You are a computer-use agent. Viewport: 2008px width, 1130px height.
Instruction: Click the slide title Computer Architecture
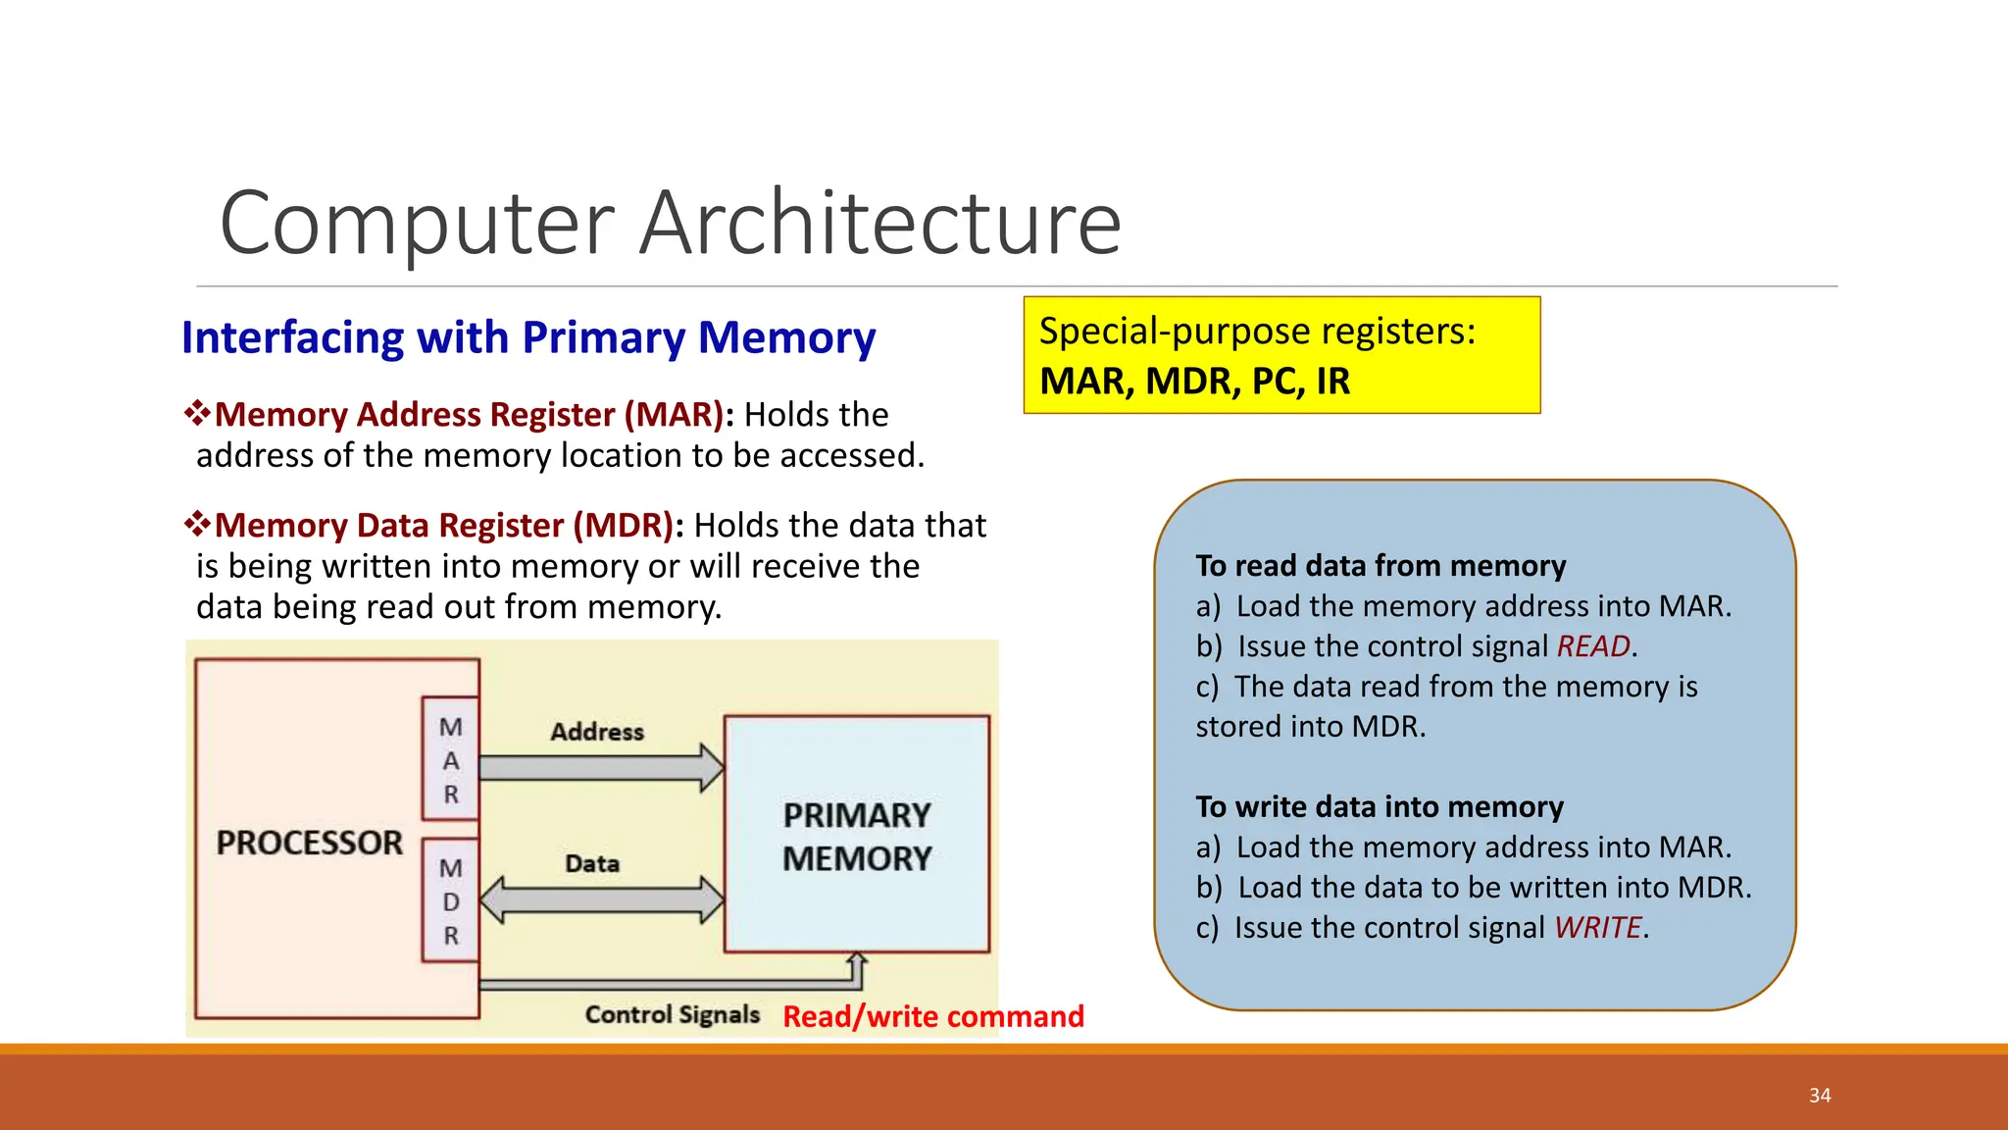click(x=670, y=224)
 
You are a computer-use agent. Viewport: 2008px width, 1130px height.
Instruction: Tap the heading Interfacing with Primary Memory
click(x=527, y=337)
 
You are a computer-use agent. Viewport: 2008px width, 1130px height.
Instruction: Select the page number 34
click(x=1820, y=1096)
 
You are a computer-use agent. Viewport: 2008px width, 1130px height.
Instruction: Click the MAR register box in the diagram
click(x=450, y=759)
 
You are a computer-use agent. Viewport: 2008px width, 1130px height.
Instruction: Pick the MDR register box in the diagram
click(x=450, y=900)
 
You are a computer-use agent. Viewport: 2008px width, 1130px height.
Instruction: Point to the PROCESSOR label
click(x=309, y=843)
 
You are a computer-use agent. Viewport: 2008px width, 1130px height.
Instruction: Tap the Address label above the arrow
click(x=596, y=732)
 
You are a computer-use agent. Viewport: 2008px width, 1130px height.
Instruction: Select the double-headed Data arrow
click(x=602, y=899)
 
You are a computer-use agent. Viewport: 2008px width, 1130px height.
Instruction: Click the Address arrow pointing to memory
click(x=602, y=767)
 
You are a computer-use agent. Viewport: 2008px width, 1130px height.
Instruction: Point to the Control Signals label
click(x=672, y=1014)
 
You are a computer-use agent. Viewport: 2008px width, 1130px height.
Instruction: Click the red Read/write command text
click(x=932, y=1016)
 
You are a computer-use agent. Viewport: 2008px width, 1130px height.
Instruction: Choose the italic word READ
click(x=1592, y=646)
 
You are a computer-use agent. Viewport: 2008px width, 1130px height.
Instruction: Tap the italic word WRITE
click(x=1597, y=928)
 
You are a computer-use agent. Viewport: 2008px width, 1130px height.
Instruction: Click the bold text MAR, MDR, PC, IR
click(x=1194, y=382)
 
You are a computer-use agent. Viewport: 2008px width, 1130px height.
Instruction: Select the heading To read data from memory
click(x=1380, y=566)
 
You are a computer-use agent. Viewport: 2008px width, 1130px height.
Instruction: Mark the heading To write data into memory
click(x=1379, y=807)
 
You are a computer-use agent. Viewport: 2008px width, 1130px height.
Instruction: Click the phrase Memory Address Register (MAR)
click(x=469, y=415)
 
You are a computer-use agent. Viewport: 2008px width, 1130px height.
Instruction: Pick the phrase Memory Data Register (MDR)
click(x=444, y=526)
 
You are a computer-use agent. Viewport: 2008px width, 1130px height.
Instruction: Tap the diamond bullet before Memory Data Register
click(x=197, y=524)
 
